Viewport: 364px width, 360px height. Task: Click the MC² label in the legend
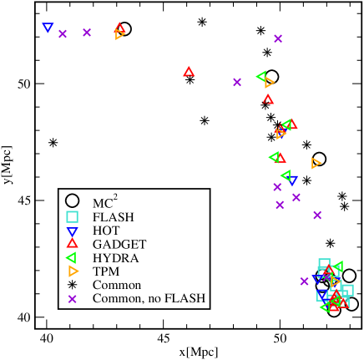coord(104,202)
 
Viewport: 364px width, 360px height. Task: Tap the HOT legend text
coord(106,231)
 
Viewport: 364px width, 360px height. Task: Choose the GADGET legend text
coord(119,244)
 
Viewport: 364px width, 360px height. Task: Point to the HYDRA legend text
coord(115,258)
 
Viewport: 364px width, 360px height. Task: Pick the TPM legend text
coord(106,271)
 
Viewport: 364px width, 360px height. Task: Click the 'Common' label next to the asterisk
coord(117,285)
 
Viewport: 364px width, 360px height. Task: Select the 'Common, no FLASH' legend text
coord(149,298)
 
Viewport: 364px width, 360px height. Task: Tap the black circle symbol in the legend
coord(73,201)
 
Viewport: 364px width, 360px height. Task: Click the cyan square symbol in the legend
coord(73,216)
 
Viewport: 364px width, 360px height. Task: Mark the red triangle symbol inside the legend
coord(73,244)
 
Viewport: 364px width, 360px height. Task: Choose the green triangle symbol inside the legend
coord(73,258)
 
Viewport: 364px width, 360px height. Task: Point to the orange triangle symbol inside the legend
coord(73,271)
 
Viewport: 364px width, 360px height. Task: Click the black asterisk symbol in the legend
coord(73,285)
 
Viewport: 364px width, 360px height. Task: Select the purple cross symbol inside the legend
coord(73,298)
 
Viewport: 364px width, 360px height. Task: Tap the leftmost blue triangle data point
coord(48,28)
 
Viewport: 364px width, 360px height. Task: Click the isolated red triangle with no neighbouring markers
coord(189,72)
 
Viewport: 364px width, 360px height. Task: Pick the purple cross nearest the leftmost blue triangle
coord(63,33)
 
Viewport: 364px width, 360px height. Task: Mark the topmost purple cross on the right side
coord(278,38)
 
